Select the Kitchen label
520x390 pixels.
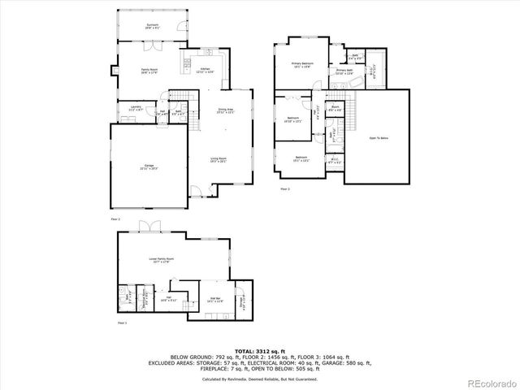click(206, 71)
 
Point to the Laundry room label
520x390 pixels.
click(132, 108)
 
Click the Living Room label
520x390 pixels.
click(218, 159)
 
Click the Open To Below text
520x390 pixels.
click(379, 139)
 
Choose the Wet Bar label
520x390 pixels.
click(214, 300)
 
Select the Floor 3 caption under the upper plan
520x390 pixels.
click(284, 188)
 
